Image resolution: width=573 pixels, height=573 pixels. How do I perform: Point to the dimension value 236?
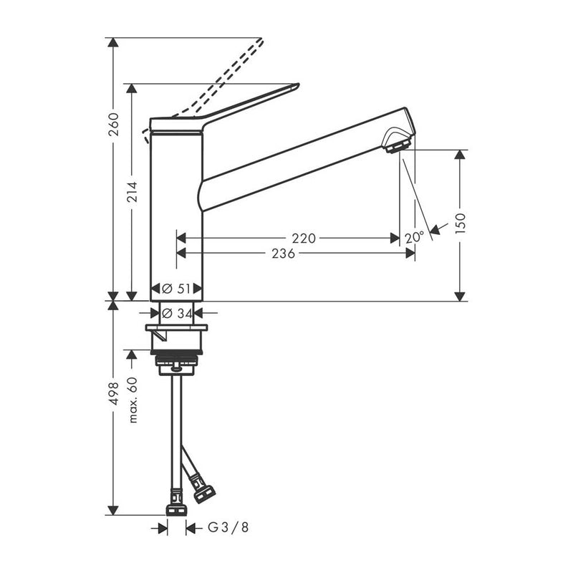pyautogui.click(x=284, y=253)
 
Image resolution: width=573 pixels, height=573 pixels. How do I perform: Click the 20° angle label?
pyautogui.click(x=414, y=237)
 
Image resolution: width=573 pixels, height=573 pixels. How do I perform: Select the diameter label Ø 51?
pyautogui.click(x=176, y=289)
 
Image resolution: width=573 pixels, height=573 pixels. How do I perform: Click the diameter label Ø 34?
pyautogui.click(x=176, y=312)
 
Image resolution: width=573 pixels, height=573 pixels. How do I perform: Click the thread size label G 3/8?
pyautogui.click(x=228, y=528)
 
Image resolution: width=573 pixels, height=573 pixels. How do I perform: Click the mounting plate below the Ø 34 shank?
pyautogui.click(x=176, y=328)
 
